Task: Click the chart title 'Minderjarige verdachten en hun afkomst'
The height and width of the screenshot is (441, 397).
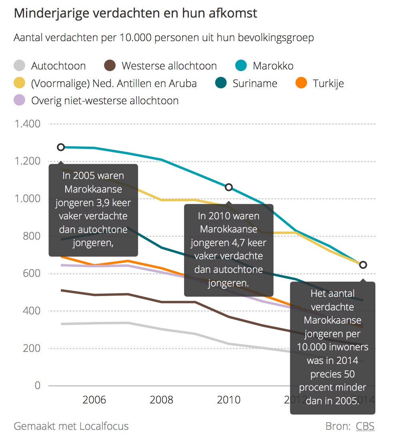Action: [x=135, y=13]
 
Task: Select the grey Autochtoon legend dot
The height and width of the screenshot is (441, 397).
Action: [x=19, y=66]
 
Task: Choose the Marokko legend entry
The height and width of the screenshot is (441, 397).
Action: [x=273, y=66]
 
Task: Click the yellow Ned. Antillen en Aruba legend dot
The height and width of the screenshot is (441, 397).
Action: [x=19, y=83]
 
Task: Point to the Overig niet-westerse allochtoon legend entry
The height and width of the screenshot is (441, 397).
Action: [x=105, y=101]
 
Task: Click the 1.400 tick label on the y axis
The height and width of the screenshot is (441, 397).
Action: [x=27, y=124]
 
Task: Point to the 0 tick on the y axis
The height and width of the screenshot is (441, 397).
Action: [x=38, y=385]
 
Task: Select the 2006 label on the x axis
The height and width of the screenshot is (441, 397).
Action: [x=94, y=400]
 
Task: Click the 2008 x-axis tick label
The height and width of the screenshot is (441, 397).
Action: [x=162, y=400]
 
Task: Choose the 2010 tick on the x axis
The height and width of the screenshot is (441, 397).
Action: [x=229, y=400]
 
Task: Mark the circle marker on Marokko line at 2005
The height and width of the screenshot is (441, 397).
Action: [x=61, y=147]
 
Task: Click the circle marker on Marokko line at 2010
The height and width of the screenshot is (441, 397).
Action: [x=229, y=187]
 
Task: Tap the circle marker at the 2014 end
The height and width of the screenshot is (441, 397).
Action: [x=363, y=265]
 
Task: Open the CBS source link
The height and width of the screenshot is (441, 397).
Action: [x=365, y=426]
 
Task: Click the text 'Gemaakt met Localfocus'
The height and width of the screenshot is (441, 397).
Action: [x=71, y=426]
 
